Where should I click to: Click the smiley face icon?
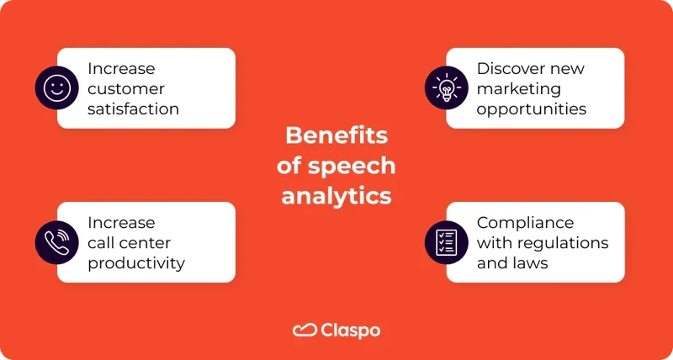pos(56,87)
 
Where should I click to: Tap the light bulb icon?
pos(445,87)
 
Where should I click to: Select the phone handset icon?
pos(56,242)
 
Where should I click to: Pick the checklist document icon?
pos(445,242)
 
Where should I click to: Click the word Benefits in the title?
pos(336,136)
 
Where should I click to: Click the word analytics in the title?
pos(336,195)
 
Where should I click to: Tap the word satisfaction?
pos(134,109)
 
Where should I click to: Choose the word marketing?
pos(518,88)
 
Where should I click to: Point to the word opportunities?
pos(531,109)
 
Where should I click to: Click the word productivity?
pos(136,263)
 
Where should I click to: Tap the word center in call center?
pos(144,243)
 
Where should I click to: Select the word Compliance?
pos(525,223)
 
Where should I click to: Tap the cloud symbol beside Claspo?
pos(304,330)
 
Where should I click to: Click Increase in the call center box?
pos(121,223)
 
